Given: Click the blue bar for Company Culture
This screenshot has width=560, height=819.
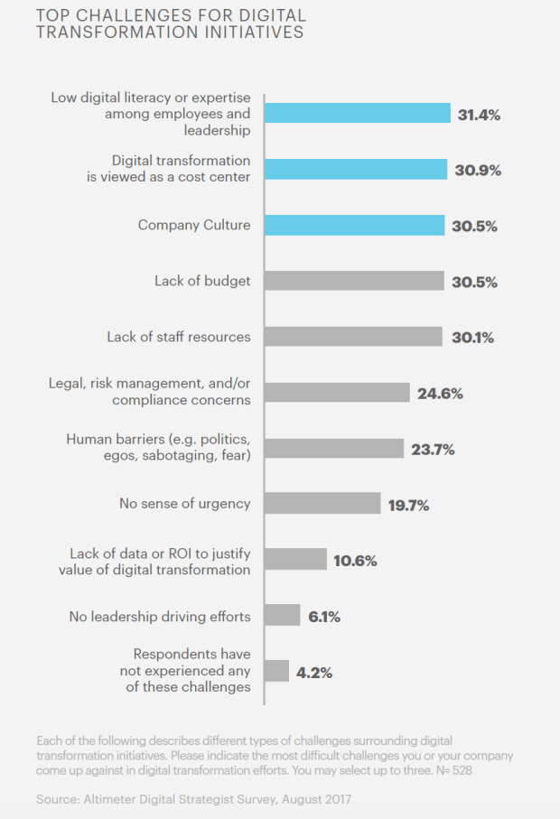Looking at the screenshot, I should pyautogui.click(x=354, y=226).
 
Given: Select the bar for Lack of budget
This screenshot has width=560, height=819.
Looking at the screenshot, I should pyautogui.click(x=354, y=281).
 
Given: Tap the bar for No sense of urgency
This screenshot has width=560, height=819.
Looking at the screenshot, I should pyautogui.click(x=322, y=504).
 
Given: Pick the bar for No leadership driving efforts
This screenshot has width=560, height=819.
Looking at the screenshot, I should pyautogui.click(x=282, y=616).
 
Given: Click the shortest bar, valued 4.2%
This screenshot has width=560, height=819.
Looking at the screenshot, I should pyautogui.click(x=276, y=671).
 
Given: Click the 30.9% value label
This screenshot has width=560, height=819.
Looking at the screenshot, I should pyautogui.click(x=477, y=170).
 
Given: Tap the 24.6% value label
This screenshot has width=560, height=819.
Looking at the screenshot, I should pyautogui.click(x=440, y=393).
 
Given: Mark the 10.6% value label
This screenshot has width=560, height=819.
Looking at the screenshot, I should pyautogui.click(x=354, y=560).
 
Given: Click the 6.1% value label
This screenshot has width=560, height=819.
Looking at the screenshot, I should pyautogui.click(x=324, y=616).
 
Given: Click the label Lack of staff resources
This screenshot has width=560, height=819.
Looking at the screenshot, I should pyautogui.click(x=179, y=337).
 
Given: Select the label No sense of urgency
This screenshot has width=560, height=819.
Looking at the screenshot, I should pyautogui.click(x=184, y=504).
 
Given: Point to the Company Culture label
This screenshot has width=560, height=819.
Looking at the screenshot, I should pyautogui.click(x=194, y=225).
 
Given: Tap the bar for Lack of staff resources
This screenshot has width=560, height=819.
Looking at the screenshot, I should pyautogui.click(x=353, y=337).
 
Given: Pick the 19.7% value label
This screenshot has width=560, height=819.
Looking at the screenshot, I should pyautogui.click(x=408, y=505).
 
